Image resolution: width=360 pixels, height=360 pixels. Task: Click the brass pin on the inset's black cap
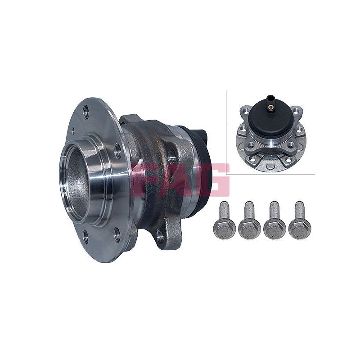tap(270, 107)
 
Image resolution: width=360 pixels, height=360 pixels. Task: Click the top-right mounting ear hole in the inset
tap(297, 110)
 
